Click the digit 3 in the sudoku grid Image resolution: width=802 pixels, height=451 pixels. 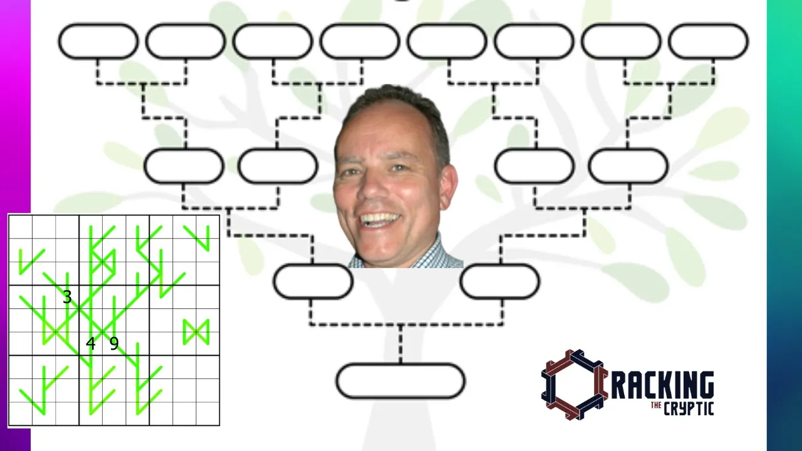tap(67, 297)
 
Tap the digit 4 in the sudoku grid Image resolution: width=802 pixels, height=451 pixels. tap(91, 344)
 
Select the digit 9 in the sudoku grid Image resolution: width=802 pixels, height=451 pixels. tap(114, 344)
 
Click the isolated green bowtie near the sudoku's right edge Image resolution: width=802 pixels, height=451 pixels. tap(196, 333)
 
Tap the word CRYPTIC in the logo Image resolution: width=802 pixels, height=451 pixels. tap(689, 408)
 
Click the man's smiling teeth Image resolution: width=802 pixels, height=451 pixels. tap(380, 218)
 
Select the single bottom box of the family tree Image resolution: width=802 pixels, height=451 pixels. tap(400, 381)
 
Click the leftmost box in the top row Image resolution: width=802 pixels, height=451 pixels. tap(98, 41)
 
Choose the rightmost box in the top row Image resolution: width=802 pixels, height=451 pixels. tap(708, 41)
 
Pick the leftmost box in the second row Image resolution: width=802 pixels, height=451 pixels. tap(184, 166)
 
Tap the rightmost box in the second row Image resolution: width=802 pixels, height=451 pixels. tap(628, 166)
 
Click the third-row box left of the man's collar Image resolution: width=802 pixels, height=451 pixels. tap(313, 282)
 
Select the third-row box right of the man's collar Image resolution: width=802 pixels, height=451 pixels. tap(500, 282)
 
